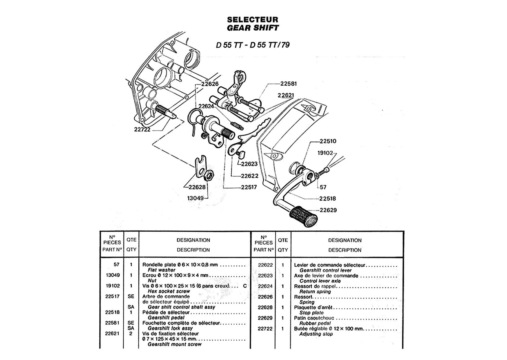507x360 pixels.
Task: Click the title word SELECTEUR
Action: [x=253, y=19]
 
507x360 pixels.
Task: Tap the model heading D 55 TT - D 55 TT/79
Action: [x=253, y=45]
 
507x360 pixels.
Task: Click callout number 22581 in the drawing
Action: [x=288, y=84]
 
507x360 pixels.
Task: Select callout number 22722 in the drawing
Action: [x=142, y=130]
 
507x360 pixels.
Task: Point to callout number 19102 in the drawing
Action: [x=325, y=153]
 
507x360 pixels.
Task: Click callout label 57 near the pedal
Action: [x=323, y=187]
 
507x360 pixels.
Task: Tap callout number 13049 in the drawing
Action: [x=195, y=198]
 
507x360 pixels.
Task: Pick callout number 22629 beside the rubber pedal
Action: [x=328, y=210]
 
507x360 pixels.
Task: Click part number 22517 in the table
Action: [x=112, y=296]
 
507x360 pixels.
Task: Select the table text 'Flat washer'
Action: [x=161, y=270]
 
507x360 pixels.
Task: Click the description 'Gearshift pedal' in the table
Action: [x=166, y=317]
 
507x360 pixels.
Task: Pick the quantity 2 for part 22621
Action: [x=131, y=333]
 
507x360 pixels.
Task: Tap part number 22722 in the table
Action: [x=265, y=328]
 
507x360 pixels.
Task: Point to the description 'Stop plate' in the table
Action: [x=311, y=313]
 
